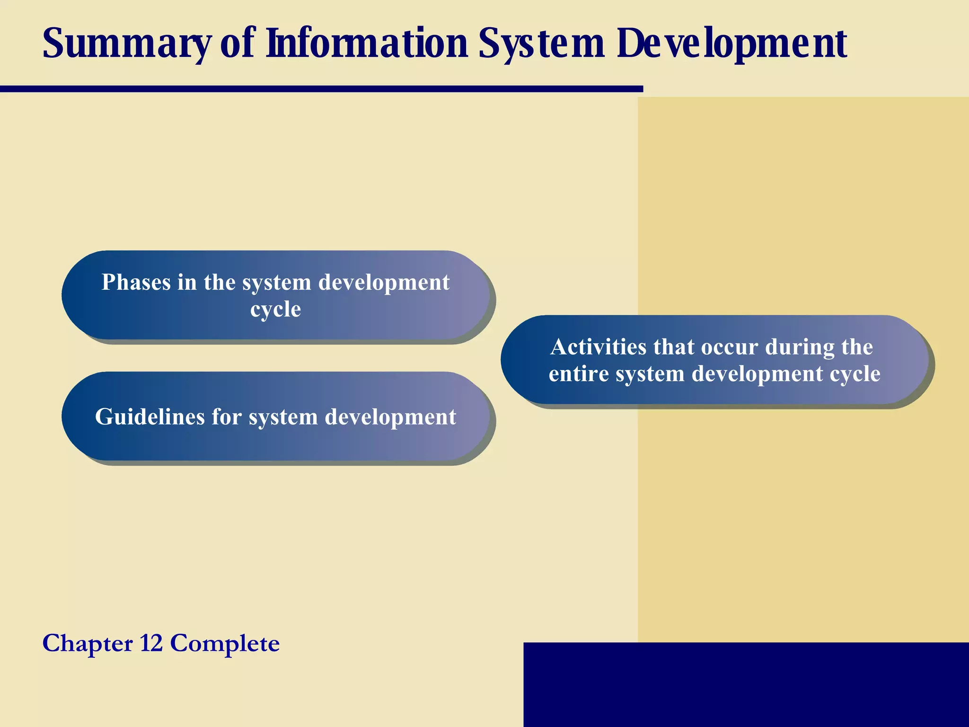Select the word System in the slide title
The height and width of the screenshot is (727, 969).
pyautogui.click(x=542, y=44)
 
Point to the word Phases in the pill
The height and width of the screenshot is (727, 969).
pyautogui.click(x=136, y=283)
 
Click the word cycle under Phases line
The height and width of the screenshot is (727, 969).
pyautogui.click(x=275, y=310)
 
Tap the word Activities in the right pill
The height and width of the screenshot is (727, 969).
pyautogui.click(x=599, y=347)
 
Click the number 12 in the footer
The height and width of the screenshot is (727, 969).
pyautogui.click(x=151, y=643)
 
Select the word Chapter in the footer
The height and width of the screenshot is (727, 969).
pyautogui.click(x=88, y=643)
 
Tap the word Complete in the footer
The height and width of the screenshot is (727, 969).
pyautogui.click(x=225, y=643)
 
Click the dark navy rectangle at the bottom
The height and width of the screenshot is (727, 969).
pyautogui.click(x=746, y=684)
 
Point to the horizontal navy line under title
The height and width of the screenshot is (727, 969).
pyautogui.click(x=322, y=89)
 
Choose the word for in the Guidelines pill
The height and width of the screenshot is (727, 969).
pyautogui.click(x=227, y=417)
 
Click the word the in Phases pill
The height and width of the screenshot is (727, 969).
pyautogui.click(x=220, y=283)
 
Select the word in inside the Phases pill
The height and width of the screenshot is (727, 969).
pyautogui.click(x=187, y=283)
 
